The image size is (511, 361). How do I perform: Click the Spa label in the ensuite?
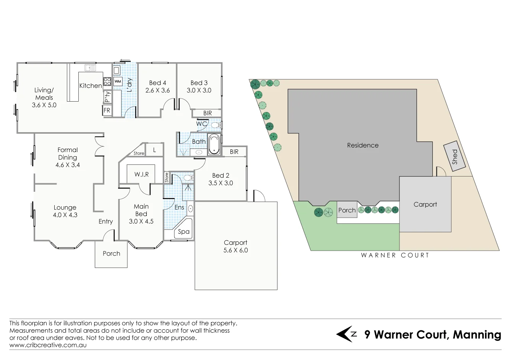[x=183, y=232]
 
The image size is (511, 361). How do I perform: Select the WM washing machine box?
[x=118, y=82]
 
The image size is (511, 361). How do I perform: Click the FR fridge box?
[x=107, y=111]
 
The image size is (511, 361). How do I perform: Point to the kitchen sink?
[x=90, y=68]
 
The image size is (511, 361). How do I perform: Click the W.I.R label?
[x=141, y=175]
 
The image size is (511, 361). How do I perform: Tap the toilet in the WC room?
[x=216, y=125]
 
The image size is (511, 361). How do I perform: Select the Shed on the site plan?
[x=454, y=157]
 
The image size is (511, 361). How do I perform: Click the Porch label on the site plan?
[x=347, y=210]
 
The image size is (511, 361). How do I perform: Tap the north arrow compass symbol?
[x=346, y=334]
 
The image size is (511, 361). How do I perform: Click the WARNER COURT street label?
[x=395, y=255]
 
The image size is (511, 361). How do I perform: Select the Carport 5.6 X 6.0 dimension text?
[x=235, y=250]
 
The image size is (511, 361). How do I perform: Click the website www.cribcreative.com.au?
[x=48, y=345]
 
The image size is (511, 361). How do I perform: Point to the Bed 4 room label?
[x=157, y=83]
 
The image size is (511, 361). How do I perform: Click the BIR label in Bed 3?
[x=207, y=113]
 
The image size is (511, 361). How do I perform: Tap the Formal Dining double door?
[x=100, y=146]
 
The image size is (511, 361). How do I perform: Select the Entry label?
[x=105, y=222]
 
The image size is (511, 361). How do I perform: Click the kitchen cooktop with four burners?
[x=107, y=81]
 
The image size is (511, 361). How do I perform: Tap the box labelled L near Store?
[x=154, y=150]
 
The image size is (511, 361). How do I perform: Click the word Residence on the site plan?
[x=363, y=145]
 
